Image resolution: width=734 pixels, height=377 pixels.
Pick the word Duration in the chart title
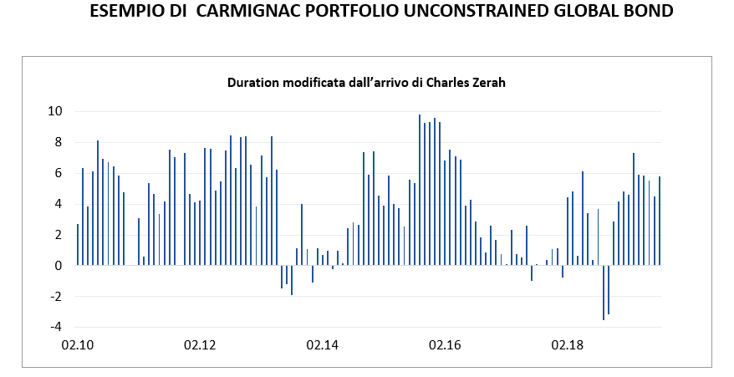point(253,83)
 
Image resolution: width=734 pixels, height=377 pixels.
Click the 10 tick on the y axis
point(56,111)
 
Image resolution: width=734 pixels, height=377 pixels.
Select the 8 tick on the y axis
point(59,142)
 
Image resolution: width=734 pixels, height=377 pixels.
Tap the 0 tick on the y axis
point(59,266)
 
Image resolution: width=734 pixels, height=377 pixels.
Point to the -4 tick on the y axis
point(56,327)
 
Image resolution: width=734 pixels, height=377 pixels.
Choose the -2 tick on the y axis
point(56,297)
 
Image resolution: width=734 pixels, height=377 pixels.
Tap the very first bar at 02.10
point(78,244)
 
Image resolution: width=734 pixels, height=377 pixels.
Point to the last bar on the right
point(660,221)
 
